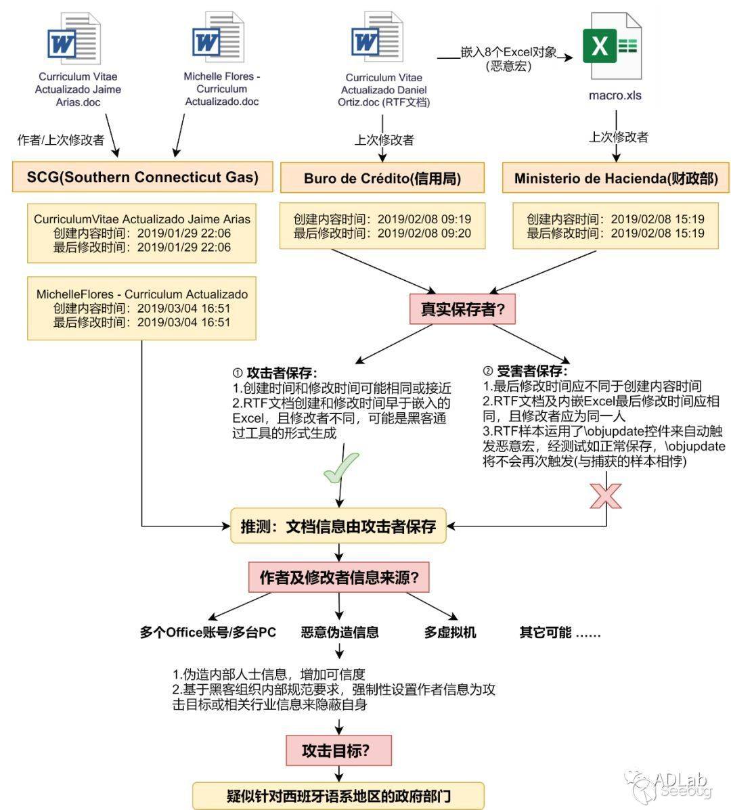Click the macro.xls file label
615,95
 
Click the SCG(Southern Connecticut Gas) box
143,177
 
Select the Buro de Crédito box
382,178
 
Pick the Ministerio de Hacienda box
616,178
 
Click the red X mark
606,495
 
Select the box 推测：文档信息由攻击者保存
338,526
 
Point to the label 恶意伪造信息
340,632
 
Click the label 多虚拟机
450,632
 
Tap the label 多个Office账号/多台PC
208,632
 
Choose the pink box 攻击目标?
338,750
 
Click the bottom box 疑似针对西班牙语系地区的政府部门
338,796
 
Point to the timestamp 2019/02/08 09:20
424,233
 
